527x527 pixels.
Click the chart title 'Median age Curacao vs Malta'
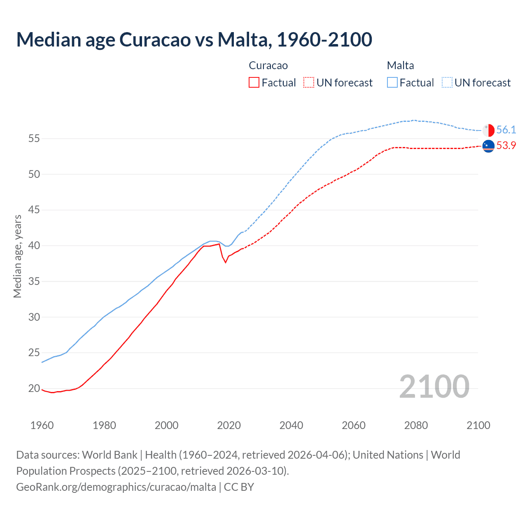(194, 40)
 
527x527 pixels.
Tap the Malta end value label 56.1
(506, 130)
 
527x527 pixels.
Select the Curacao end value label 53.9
(506, 146)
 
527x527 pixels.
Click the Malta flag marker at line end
(488, 130)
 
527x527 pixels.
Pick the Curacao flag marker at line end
(488, 146)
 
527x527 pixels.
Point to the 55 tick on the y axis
(34, 139)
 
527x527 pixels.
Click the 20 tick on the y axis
(34, 388)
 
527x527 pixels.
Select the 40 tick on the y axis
(34, 246)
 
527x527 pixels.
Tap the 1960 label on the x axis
(42, 425)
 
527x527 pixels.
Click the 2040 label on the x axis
(291, 425)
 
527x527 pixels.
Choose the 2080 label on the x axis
(416, 425)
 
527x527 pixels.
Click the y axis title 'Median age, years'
(17, 256)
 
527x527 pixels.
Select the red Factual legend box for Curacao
(254, 83)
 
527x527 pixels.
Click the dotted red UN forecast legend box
(309, 83)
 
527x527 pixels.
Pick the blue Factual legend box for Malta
(392, 83)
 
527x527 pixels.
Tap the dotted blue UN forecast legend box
(447, 83)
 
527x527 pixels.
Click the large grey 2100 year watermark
(434, 387)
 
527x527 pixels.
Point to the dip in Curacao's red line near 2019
(225, 262)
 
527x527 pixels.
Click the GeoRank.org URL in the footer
(116, 487)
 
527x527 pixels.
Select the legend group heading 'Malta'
(400, 65)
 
